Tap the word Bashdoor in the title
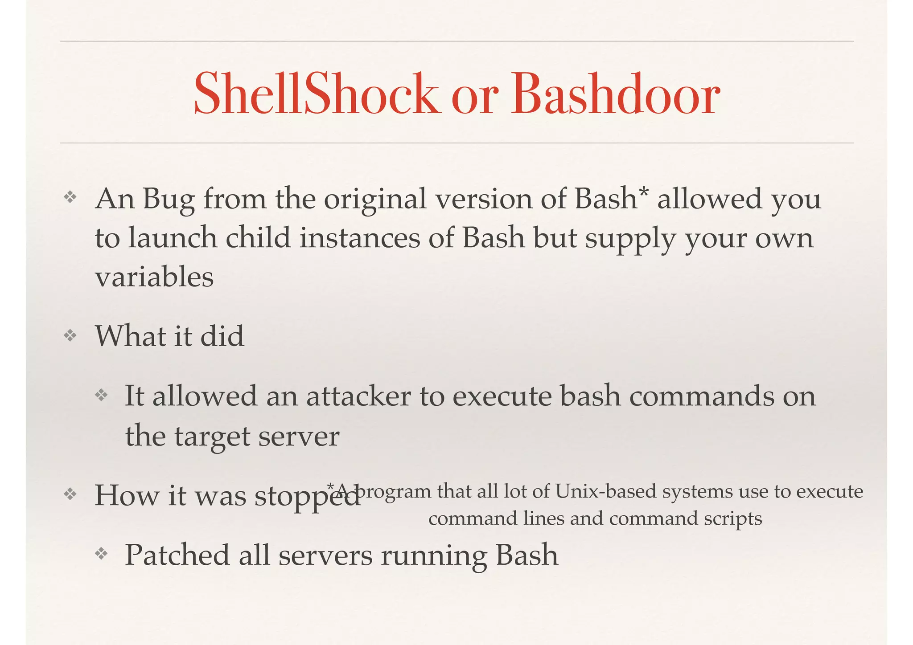pyautogui.click(x=616, y=94)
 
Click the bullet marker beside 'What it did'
pyautogui.click(x=70, y=335)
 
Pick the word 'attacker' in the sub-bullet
pyautogui.click(x=358, y=396)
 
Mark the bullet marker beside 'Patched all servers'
pyautogui.click(x=101, y=554)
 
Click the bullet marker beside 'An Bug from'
pyautogui.click(x=70, y=197)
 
